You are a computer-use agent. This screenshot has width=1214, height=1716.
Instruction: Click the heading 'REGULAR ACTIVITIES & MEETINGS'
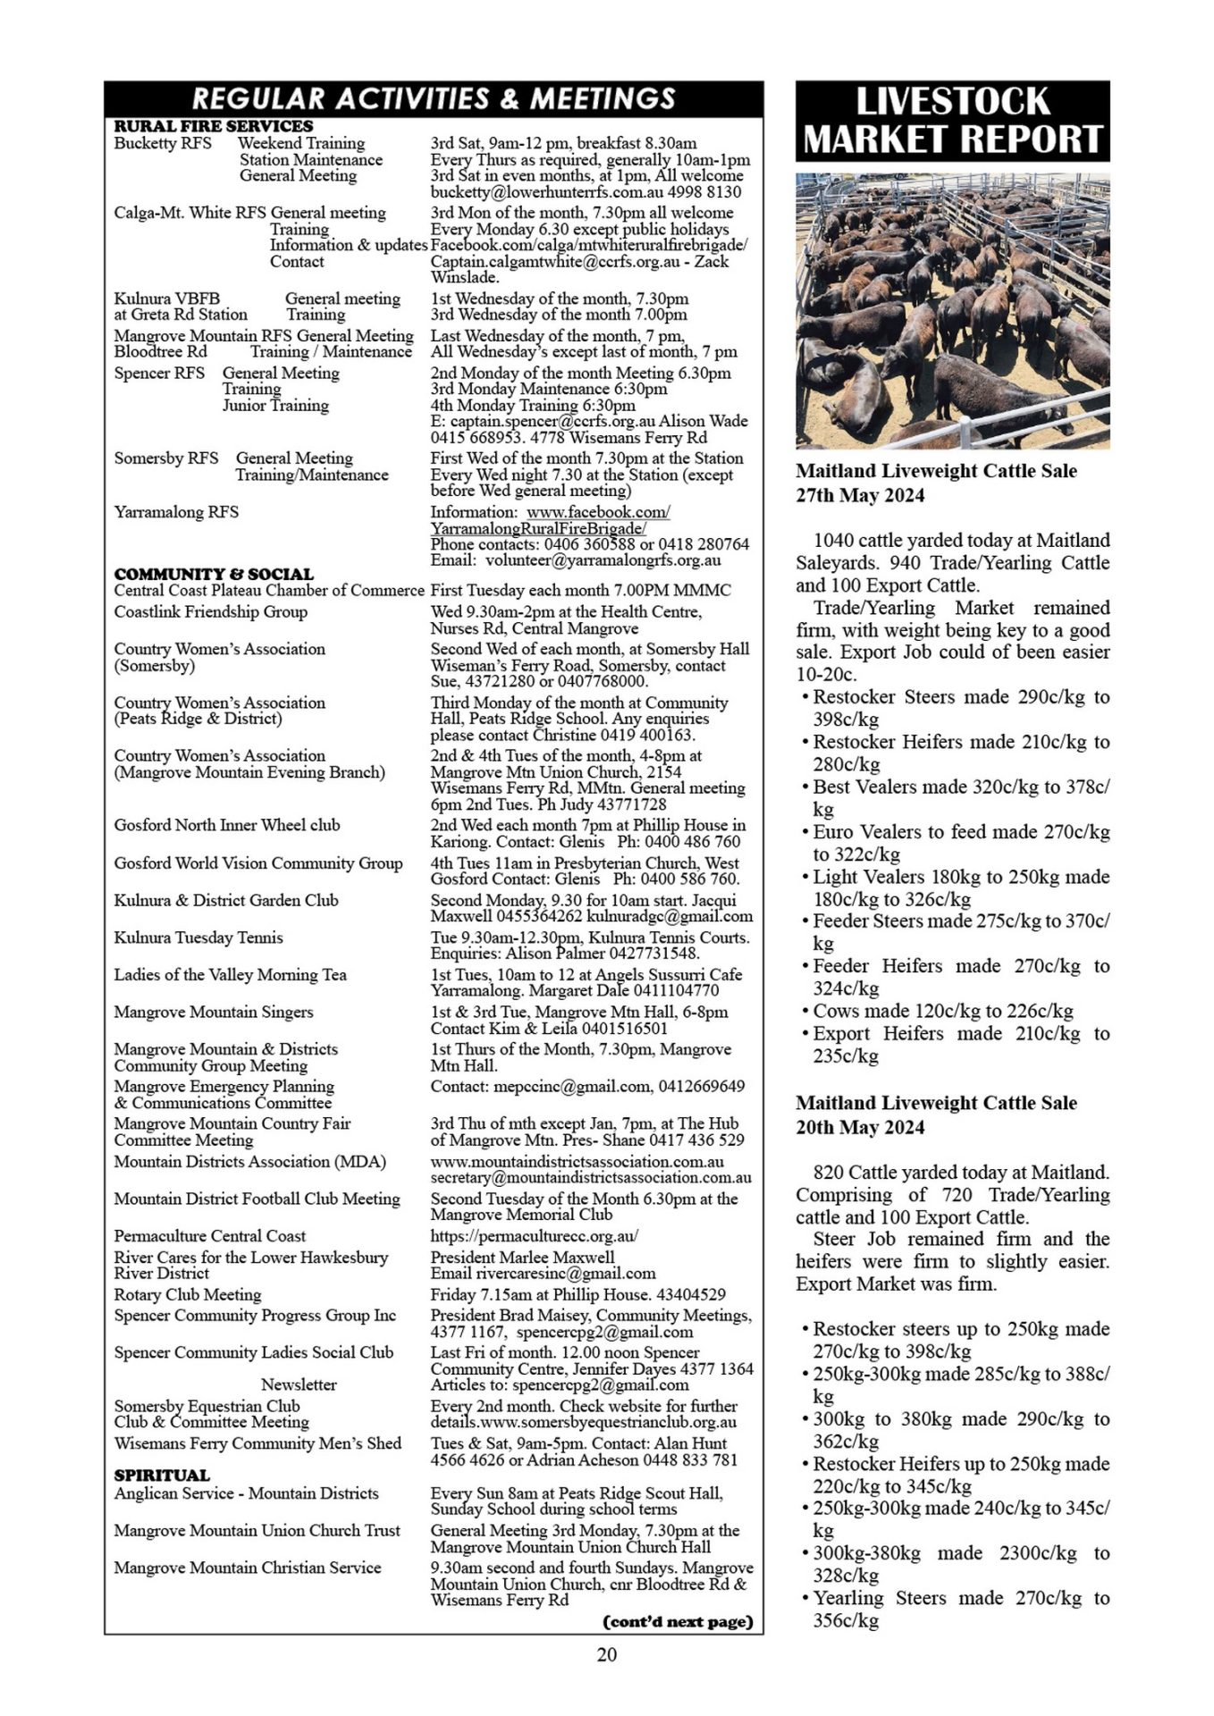(434, 98)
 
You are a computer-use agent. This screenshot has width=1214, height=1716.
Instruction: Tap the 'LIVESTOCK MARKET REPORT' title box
(952, 121)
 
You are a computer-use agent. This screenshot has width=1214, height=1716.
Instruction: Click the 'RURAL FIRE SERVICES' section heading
(214, 126)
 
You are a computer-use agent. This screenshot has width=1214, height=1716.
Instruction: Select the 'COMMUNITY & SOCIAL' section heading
(214, 574)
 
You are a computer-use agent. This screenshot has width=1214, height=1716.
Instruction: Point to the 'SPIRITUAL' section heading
(162, 1475)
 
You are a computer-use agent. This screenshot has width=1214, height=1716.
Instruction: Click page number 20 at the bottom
(607, 1653)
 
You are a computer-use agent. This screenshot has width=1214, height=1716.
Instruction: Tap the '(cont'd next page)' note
(679, 1621)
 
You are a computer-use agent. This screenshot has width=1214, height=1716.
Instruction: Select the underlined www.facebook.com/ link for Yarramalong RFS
(598, 512)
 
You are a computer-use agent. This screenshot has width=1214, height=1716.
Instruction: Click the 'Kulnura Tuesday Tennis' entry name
(198, 938)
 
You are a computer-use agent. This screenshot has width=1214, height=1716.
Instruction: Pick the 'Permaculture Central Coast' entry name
(209, 1236)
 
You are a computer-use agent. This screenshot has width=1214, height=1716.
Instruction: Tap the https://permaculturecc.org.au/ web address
(535, 1236)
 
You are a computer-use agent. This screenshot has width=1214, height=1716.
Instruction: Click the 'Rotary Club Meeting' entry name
(188, 1294)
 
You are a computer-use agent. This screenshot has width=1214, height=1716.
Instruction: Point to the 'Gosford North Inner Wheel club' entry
(227, 825)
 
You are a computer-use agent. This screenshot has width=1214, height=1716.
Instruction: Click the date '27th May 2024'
(860, 496)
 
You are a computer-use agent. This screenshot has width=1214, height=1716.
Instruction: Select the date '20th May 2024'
(860, 1127)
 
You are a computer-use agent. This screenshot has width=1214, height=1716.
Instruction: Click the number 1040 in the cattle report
(834, 541)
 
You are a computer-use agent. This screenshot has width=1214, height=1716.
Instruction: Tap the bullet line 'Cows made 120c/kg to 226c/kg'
(942, 1011)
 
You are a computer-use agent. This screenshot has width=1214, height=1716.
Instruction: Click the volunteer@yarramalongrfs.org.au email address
(603, 560)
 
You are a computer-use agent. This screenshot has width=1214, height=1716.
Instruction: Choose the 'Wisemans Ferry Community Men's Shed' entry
(257, 1443)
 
